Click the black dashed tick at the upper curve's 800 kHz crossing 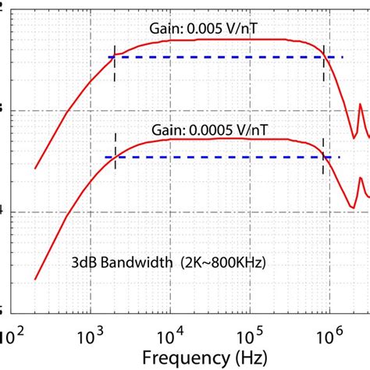324,56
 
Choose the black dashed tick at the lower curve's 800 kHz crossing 323,158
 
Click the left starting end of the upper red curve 35,167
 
